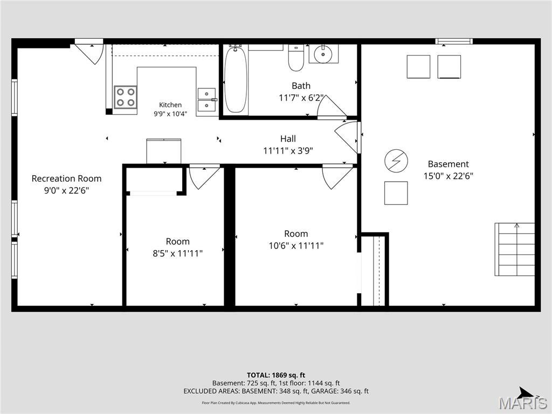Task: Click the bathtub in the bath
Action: coord(236,80)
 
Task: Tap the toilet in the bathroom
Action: coord(296,58)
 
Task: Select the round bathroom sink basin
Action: coord(323,54)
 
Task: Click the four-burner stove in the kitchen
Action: coord(125,97)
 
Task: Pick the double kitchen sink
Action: coord(206,100)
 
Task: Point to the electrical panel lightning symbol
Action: coord(396,161)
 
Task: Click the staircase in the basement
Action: coord(515,249)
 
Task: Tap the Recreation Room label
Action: coord(66,178)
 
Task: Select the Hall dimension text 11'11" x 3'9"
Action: coord(288,151)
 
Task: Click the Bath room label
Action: coord(301,86)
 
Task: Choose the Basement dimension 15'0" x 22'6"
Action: coord(448,176)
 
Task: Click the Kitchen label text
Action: coord(170,105)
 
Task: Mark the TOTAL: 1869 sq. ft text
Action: coord(276,375)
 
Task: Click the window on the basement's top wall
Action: coord(454,41)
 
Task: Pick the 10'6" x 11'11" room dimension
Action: coord(296,245)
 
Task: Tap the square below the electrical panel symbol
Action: coord(396,193)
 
